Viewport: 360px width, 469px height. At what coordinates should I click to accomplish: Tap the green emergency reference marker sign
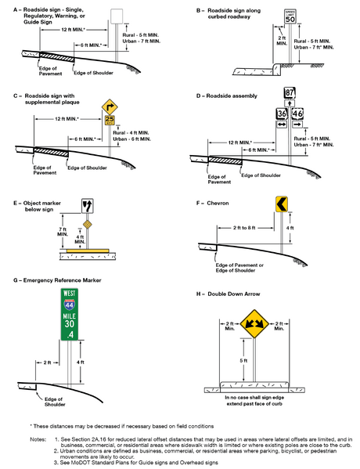71,315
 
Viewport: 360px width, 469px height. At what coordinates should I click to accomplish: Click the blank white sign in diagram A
117,16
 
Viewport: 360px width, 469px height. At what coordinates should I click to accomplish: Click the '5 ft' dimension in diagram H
244,361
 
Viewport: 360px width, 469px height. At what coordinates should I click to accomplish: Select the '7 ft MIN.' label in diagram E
65,233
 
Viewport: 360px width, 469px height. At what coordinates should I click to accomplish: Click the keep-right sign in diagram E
87,206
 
